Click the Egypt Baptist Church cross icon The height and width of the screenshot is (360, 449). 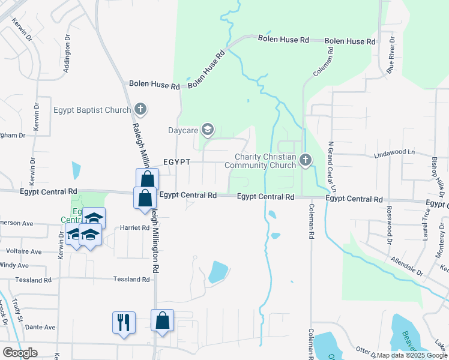pos(140,109)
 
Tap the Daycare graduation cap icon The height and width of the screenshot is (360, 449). pos(208,129)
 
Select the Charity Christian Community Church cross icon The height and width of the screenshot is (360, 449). pos(305,160)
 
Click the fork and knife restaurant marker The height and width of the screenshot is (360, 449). pos(124,322)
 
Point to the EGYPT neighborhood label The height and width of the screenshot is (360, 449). pos(176,163)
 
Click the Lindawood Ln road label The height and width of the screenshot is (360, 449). pos(394,153)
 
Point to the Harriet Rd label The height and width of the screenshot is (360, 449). pos(134,228)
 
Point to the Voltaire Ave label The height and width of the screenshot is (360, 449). pos(24,251)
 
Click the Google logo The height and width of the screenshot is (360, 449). pos(20,352)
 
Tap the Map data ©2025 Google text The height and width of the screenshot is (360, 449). pos(411,355)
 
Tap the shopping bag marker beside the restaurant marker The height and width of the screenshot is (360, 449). pos(162,320)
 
